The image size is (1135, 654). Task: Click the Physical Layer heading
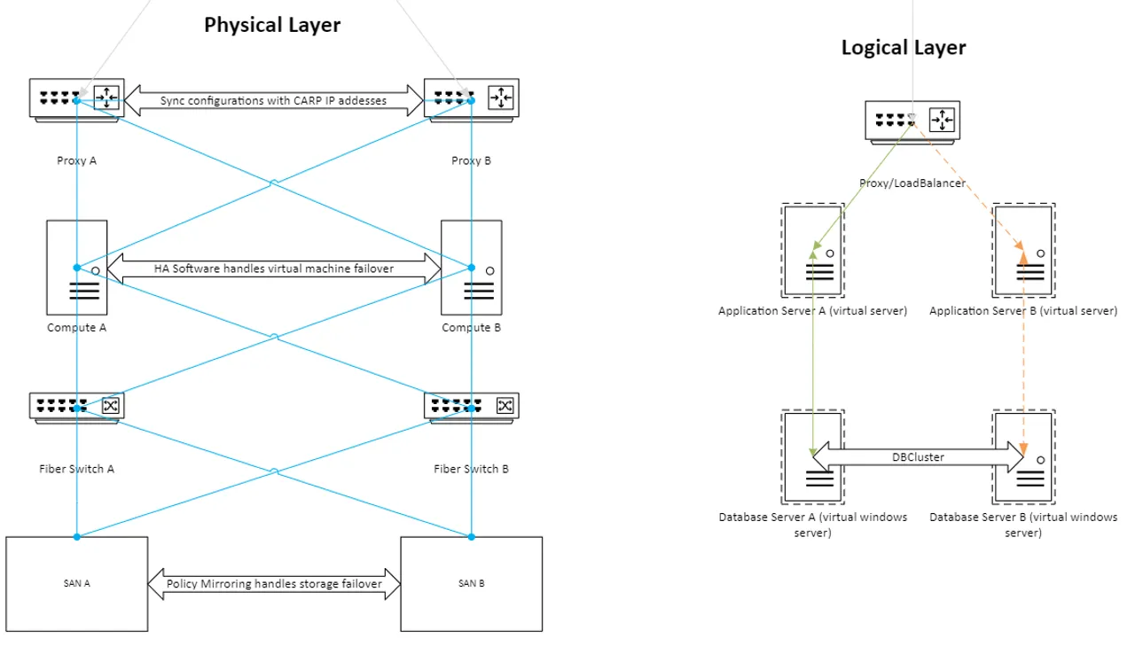272,25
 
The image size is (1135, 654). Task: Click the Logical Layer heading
903,48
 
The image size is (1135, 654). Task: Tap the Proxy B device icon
471,99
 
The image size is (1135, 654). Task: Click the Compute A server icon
77,268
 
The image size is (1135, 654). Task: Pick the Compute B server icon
471,268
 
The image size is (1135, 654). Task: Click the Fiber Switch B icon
471,408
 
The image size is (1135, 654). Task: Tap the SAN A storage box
77,583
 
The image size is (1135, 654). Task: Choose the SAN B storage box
471,583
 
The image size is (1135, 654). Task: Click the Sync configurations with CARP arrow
273,101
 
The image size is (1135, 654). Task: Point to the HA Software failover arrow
273,268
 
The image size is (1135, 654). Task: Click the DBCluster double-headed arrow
918,457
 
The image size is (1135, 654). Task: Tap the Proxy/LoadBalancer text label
912,183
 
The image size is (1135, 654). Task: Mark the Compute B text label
471,328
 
